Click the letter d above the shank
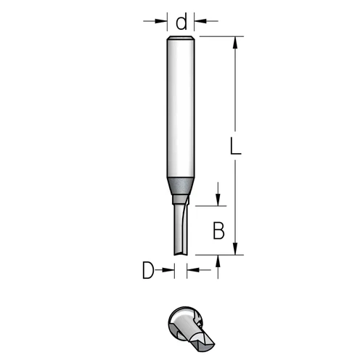click(x=181, y=21)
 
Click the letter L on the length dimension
click(x=235, y=146)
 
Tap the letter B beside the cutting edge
click(x=218, y=231)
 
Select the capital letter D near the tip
click(x=148, y=270)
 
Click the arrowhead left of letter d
click(x=161, y=21)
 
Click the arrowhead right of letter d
click(x=200, y=21)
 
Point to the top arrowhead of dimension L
click(x=235, y=43)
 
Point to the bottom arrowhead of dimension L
click(x=235, y=249)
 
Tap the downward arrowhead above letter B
click(x=218, y=200)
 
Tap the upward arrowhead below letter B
click(x=218, y=261)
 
